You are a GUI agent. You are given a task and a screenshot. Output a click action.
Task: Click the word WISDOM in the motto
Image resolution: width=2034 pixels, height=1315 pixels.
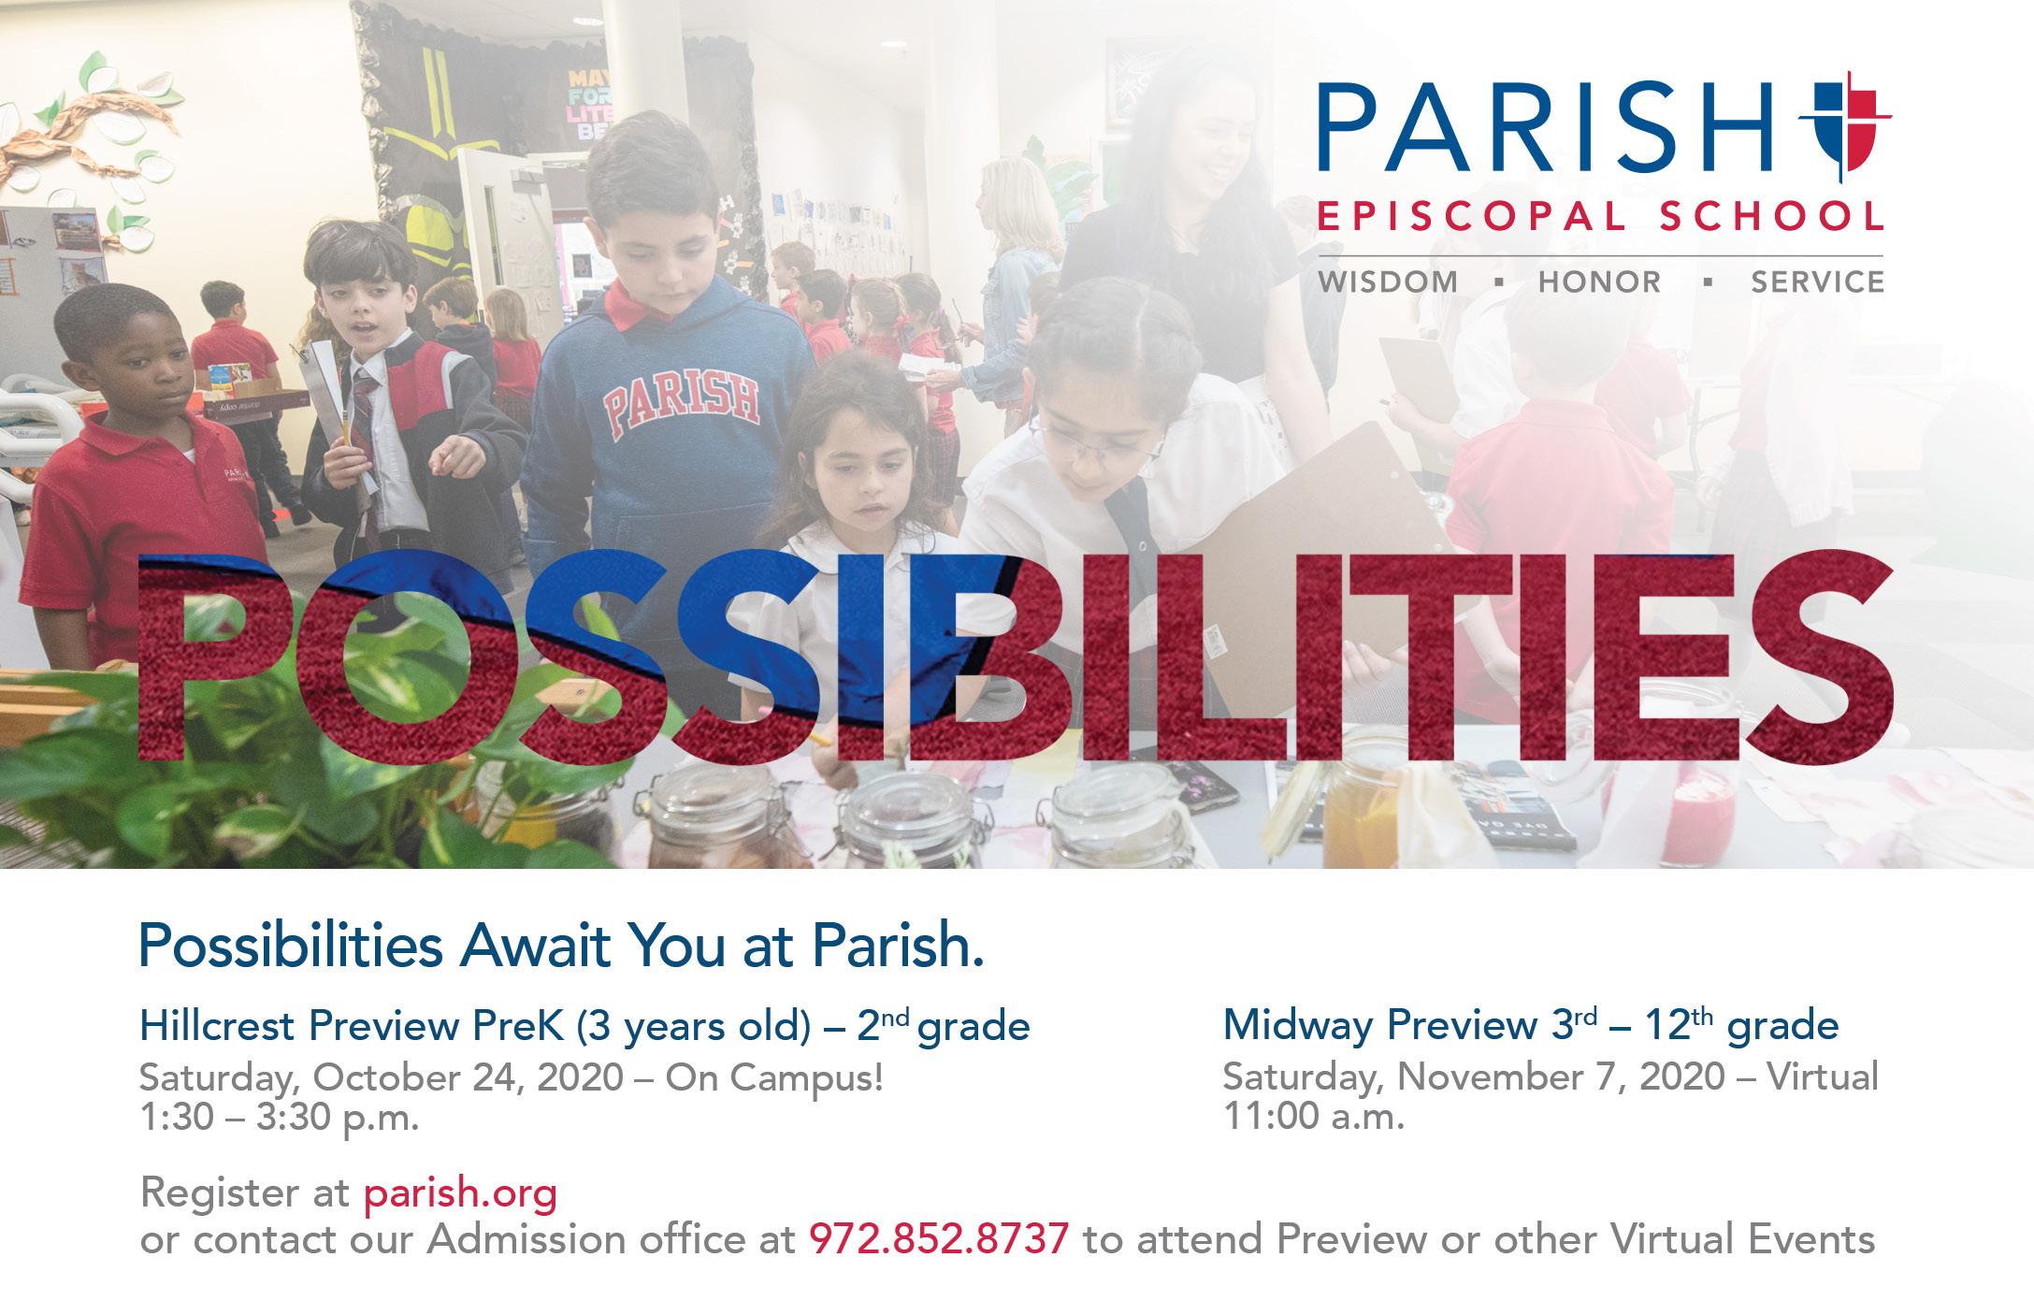coord(1388,282)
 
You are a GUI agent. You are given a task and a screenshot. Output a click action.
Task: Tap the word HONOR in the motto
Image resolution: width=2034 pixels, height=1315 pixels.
coord(1600,282)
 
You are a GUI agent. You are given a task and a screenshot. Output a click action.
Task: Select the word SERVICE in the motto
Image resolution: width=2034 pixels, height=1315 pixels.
coord(1818,282)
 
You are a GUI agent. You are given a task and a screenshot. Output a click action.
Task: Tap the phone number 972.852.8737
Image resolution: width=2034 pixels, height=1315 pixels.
coord(939,1239)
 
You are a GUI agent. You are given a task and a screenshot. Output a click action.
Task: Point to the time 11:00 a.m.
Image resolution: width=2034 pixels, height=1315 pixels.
coord(1314,1117)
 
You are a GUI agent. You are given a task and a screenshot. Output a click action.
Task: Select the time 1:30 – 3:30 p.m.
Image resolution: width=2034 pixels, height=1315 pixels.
coord(279,1118)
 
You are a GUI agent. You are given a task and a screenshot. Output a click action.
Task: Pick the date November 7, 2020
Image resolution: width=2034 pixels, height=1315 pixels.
coord(1562,1077)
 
